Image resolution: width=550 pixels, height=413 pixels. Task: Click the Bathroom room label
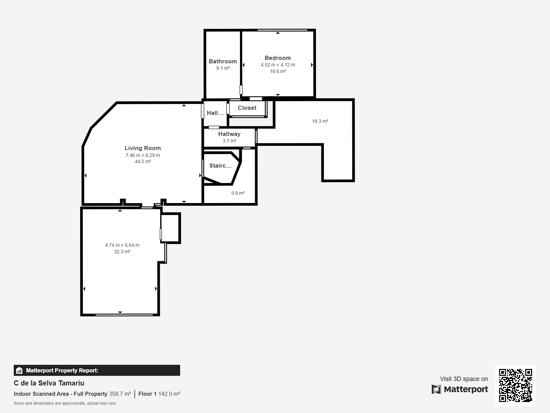point(223,62)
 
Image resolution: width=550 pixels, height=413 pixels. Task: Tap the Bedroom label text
point(278,58)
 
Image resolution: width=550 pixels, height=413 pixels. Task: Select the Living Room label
point(143,148)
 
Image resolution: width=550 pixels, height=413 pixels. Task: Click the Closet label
point(247,108)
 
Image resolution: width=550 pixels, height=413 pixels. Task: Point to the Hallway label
point(229,134)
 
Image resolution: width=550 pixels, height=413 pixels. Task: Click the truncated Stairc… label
point(220,166)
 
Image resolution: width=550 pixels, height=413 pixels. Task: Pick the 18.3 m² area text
point(320,121)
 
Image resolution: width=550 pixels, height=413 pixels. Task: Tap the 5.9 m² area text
point(238,193)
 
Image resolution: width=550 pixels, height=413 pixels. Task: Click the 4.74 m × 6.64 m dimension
point(122,245)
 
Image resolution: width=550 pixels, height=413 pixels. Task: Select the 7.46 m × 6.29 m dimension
point(143,155)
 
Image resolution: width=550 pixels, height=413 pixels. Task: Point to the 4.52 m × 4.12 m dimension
point(278,65)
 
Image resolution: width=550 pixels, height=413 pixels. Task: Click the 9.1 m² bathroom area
point(223,68)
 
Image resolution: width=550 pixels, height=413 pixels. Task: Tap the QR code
point(515,385)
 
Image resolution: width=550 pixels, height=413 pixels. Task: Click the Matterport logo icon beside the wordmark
point(436,389)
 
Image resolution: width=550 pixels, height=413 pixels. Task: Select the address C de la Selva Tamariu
point(49,383)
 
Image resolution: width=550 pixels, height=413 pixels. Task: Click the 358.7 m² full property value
point(120,394)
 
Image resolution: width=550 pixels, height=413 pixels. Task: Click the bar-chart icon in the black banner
point(19,370)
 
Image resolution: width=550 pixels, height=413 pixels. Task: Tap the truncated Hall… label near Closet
point(215,113)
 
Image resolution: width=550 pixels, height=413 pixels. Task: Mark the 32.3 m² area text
point(122,252)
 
